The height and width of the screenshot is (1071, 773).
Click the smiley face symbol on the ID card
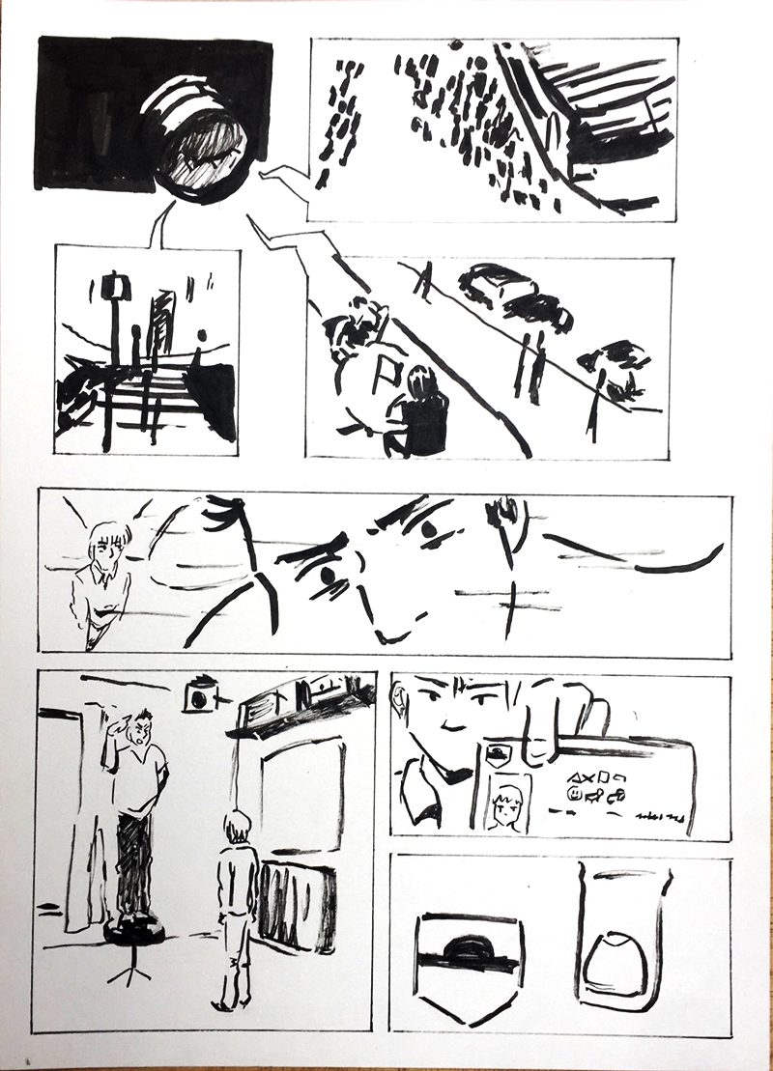(x=577, y=794)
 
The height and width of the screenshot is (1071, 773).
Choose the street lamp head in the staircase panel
(x=117, y=287)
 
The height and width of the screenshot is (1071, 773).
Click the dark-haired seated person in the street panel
(x=421, y=412)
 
